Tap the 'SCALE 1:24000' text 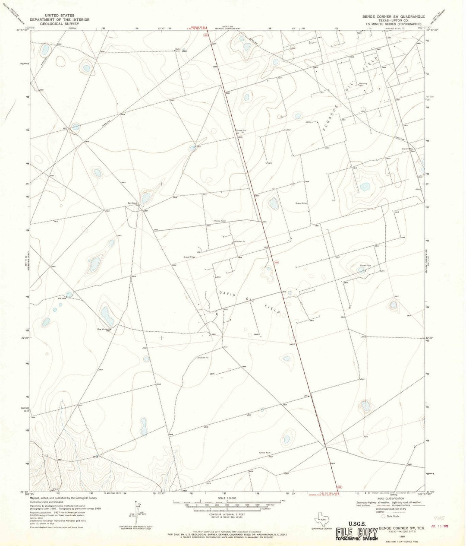(229, 498)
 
